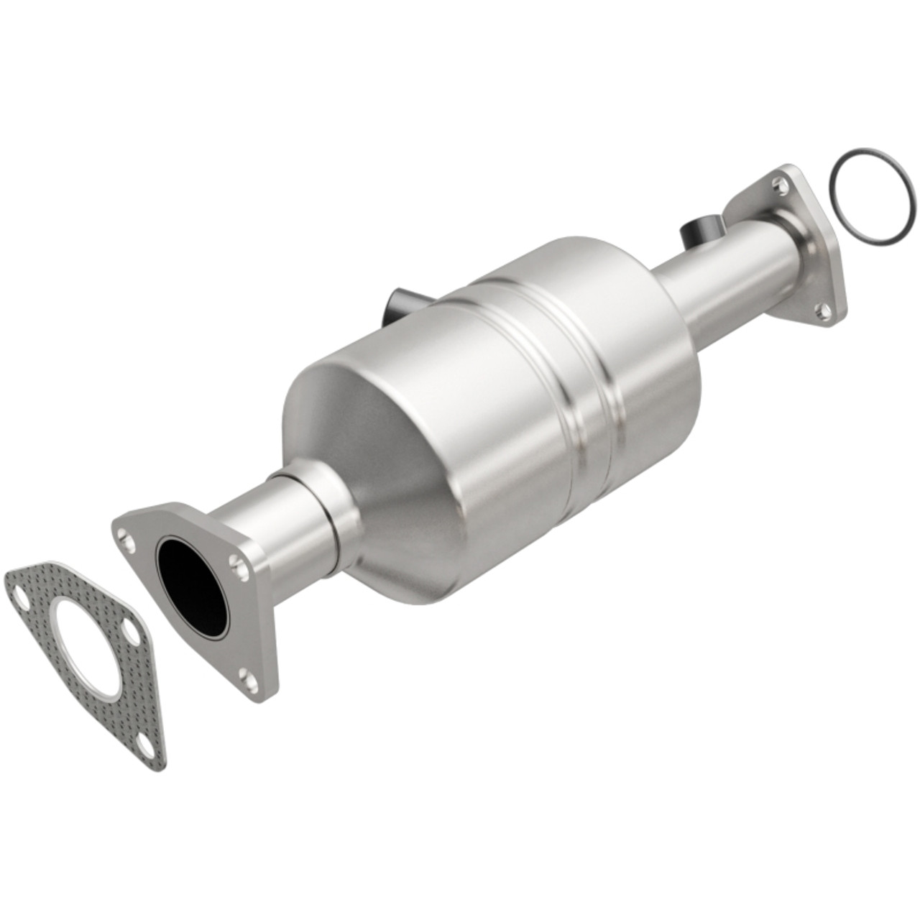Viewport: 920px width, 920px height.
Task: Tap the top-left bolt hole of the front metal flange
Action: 126,534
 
